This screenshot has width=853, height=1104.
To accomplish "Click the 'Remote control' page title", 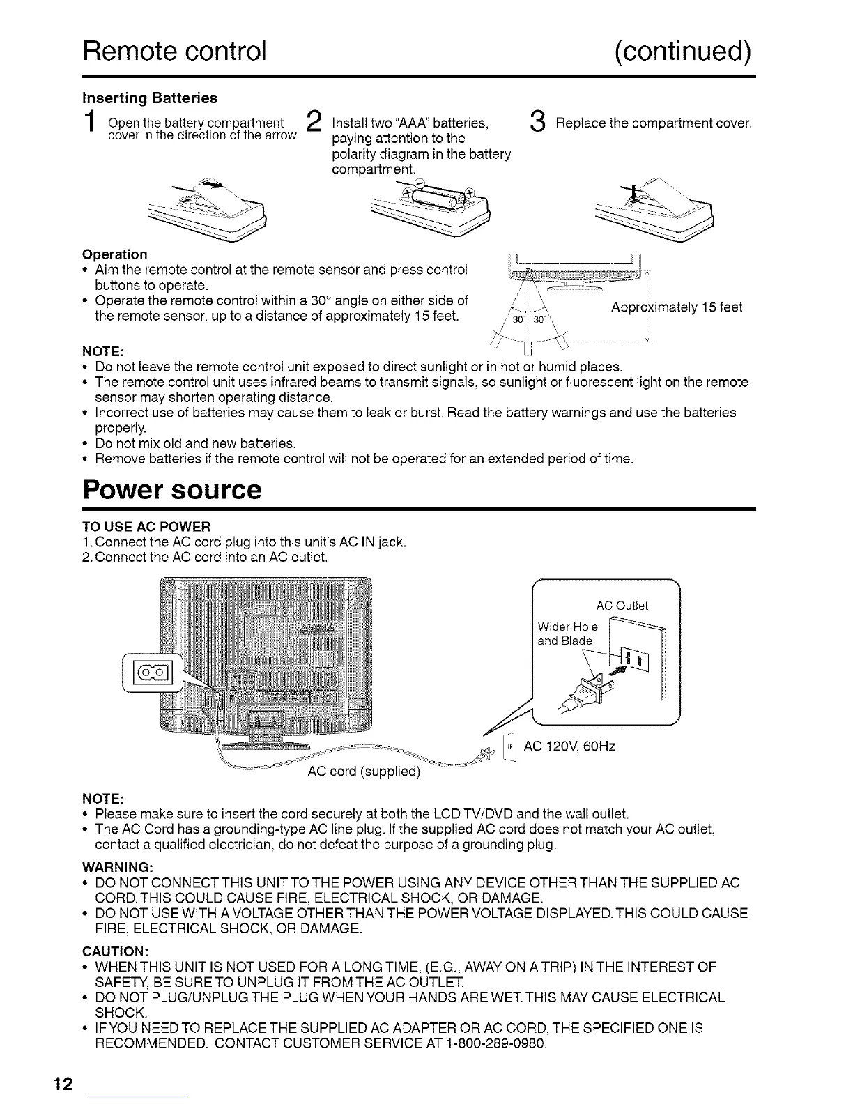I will [174, 50].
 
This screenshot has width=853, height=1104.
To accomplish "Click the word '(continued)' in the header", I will [683, 50].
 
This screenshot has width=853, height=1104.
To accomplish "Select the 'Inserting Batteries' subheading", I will [150, 98].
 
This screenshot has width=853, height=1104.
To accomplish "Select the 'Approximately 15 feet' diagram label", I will [676, 307].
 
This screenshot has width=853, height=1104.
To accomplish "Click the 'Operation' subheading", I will [115, 254].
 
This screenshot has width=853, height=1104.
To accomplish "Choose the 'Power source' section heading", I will [172, 489].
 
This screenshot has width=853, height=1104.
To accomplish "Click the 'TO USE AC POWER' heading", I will [146, 525].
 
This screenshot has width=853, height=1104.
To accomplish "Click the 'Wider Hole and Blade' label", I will [567, 634].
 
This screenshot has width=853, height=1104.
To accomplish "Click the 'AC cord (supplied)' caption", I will [364, 772].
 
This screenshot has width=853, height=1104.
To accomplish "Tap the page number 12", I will [63, 1084].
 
